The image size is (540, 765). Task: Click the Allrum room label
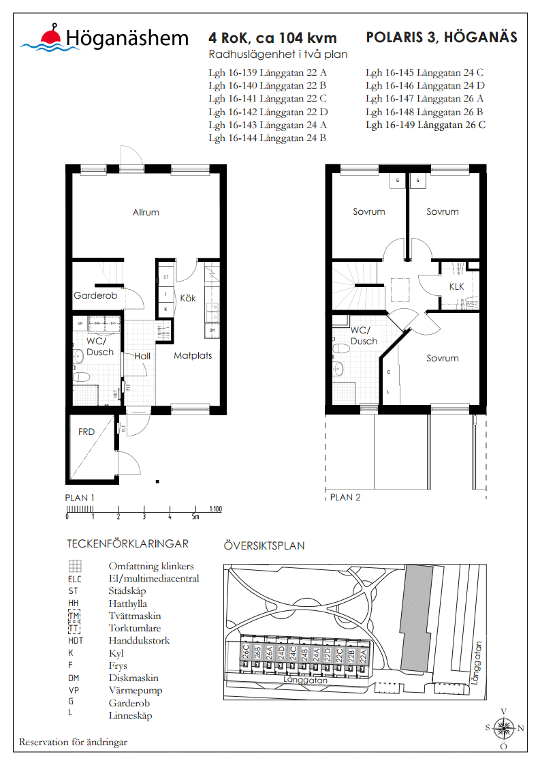[x=146, y=212]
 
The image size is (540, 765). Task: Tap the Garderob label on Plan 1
[x=95, y=296]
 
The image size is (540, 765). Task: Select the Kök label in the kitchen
[x=187, y=298]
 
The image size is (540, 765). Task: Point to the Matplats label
[x=193, y=355]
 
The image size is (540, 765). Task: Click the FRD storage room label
[x=86, y=432]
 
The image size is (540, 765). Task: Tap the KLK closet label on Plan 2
[x=456, y=286]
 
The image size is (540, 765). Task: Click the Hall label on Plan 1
[x=142, y=356]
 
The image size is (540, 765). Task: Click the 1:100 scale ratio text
[x=216, y=509]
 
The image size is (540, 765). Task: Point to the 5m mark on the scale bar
[x=195, y=516]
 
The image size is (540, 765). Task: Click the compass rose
[x=503, y=727]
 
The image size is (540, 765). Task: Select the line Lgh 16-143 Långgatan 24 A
[x=268, y=125]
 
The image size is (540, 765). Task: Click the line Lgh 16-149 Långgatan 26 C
[x=425, y=125]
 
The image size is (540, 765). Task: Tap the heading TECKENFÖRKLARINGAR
[x=127, y=543]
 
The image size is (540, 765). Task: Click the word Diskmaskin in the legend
[x=133, y=678]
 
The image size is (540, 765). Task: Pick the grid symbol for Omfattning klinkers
[x=75, y=566]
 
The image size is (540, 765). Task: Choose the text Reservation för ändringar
[x=73, y=742]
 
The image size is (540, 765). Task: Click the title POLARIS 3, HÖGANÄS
[x=441, y=37]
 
